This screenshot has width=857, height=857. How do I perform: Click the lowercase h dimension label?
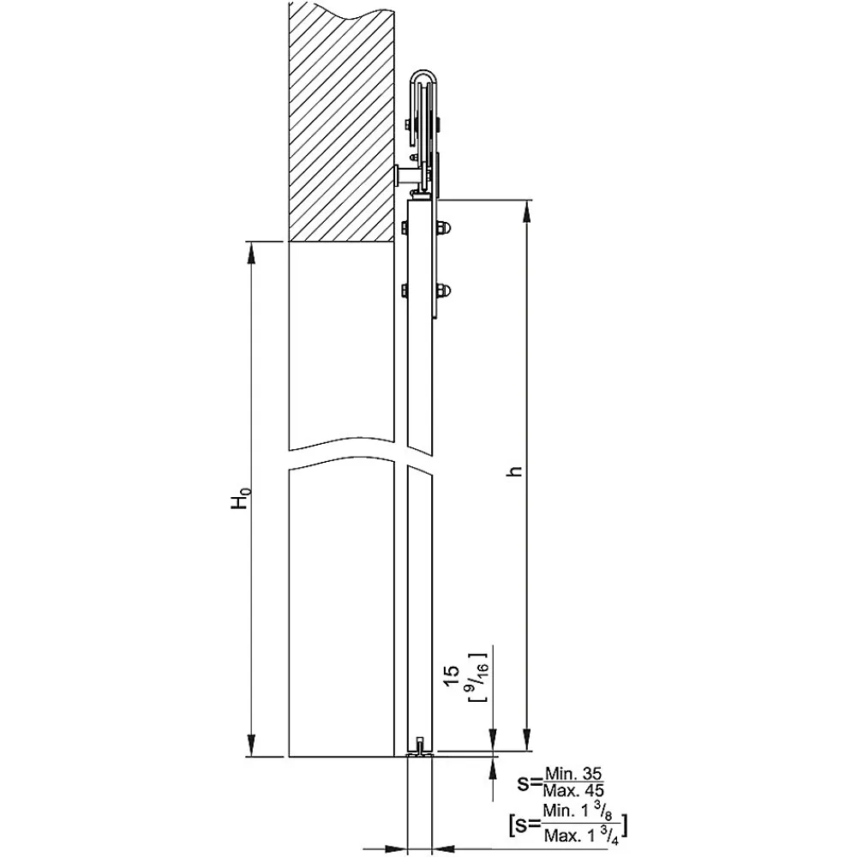[x=514, y=471]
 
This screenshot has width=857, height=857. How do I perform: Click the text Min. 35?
[x=573, y=774]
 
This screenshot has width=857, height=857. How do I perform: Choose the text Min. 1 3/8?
[x=582, y=812]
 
